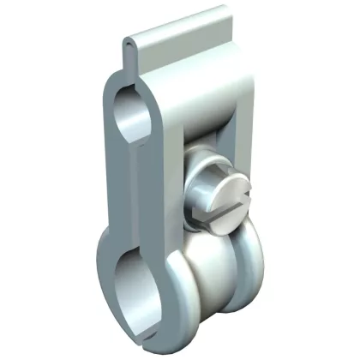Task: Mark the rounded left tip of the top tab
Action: (x=128, y=42)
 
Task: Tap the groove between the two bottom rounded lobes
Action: (x=225, y=283)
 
